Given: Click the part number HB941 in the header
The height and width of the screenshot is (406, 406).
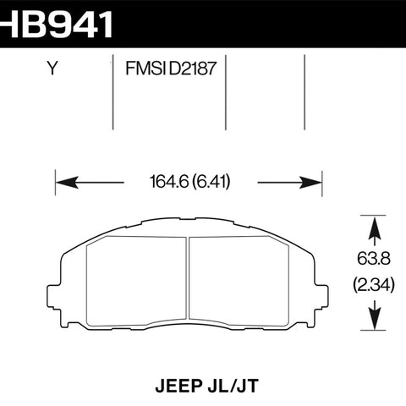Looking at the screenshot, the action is pos(56,24).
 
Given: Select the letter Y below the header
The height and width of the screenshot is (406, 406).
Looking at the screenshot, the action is pos(52,69).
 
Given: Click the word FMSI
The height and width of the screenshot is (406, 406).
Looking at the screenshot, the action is pos(145,69).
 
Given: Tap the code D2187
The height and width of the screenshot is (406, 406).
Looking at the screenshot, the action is pos(193,69).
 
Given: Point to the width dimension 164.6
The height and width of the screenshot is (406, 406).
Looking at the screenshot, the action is pos(169,182).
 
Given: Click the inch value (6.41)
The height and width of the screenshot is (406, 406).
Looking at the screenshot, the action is pos(211,182).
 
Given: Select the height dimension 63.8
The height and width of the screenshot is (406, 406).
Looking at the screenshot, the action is pos(374,259).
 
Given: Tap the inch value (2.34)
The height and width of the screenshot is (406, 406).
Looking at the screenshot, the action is pos(374,285).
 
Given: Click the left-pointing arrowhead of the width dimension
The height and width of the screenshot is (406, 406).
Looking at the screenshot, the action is pos(67,183).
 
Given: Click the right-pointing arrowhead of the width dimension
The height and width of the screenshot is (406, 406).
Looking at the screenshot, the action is pos(310,183).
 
